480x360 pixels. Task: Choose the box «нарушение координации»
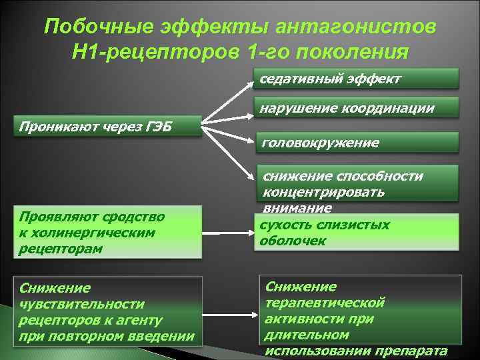click(x=358, y=108)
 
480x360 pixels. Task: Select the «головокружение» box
click(x=358, y=143)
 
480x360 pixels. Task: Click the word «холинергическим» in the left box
click(x=87, y=233)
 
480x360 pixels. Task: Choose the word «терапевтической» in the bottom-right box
click(x=325, y=303)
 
